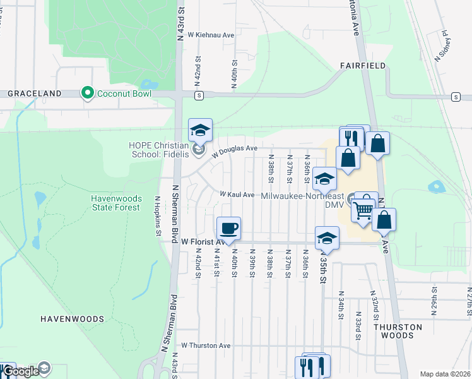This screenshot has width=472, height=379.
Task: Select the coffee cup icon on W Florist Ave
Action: tap(228, 228)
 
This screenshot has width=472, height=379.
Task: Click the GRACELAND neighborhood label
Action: tap(34, 93)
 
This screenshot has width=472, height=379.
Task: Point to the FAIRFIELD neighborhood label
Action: tap(362, 65)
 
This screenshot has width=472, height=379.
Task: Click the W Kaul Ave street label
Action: tap(237, 195)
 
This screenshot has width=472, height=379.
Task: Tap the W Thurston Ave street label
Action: tap(206, 346)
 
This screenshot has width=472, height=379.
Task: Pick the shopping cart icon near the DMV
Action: tap(363, 209)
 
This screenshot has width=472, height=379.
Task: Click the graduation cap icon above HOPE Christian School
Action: tap(201, 130)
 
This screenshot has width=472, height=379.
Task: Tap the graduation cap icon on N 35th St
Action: tap(327, 238)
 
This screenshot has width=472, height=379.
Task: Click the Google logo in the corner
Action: tap(20, 371)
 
